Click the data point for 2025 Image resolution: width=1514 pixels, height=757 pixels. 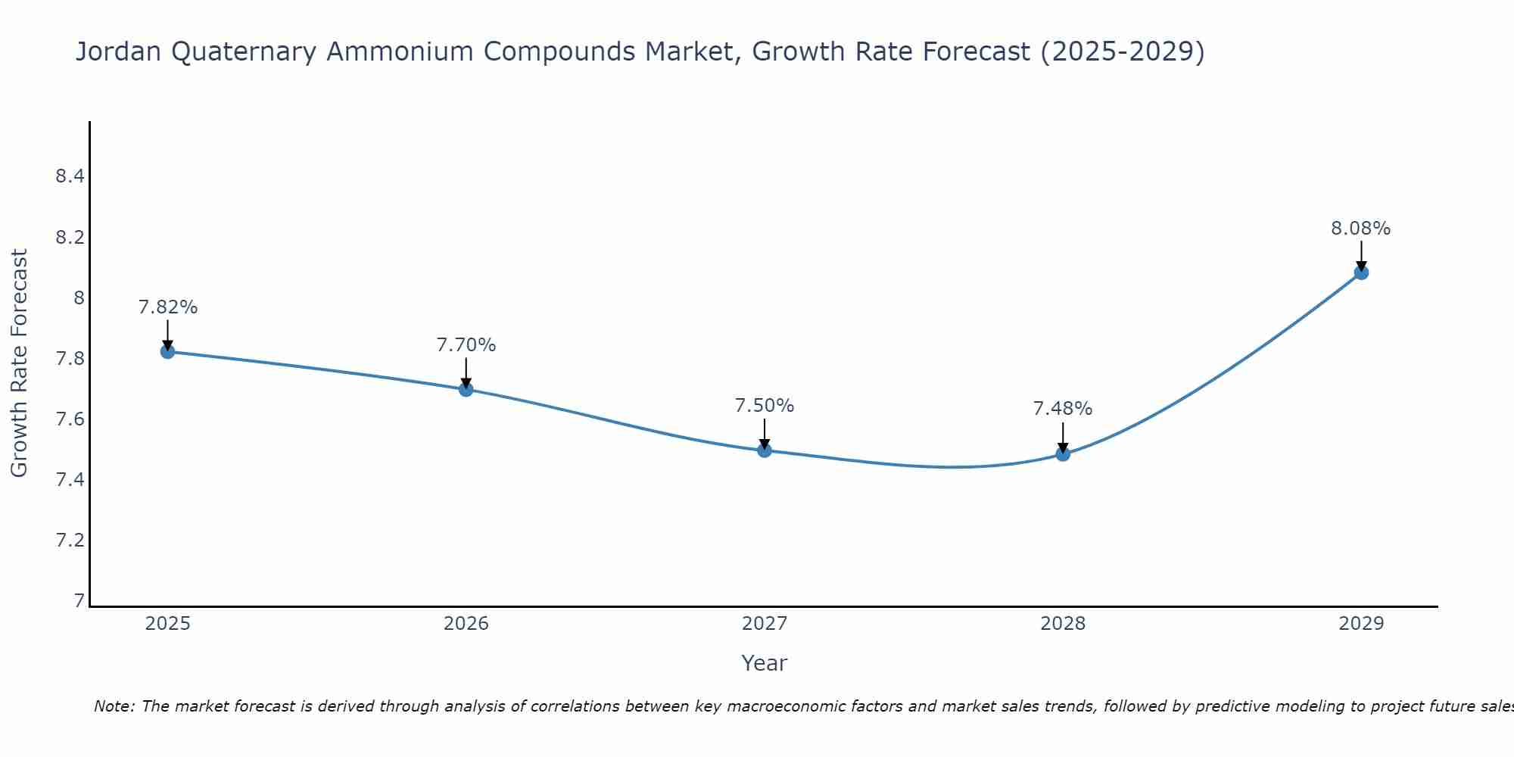coord(167,351)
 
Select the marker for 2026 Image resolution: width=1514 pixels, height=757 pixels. coord(466,389)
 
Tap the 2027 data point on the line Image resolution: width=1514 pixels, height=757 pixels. coord(765,450)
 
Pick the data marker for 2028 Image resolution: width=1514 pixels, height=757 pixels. coord(1063,454)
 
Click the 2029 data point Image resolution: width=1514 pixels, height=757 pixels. coord(1361,273)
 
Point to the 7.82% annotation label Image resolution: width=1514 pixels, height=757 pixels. coord(167,307)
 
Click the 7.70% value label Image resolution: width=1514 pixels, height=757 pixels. coord(466,345)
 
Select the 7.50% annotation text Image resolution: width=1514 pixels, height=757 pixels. coord(765,406)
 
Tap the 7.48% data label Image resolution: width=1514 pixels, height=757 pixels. coord(1063,409)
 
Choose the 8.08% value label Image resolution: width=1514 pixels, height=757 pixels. coord(1361,229)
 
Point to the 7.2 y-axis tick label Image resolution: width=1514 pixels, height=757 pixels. coord(70,540)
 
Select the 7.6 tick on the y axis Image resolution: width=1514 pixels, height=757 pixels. coord(70,419)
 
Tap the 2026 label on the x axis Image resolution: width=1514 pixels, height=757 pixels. coord(466,624)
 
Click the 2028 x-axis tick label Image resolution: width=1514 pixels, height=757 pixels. coord(1063,624)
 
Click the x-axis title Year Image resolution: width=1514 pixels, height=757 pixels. coord(765,663)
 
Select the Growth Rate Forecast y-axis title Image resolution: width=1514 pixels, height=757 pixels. coord(19,363)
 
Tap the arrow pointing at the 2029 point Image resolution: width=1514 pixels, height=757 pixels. coord(1361,255)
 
